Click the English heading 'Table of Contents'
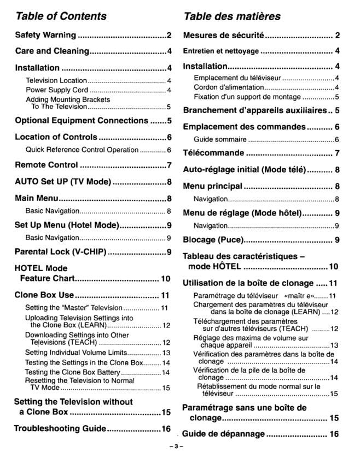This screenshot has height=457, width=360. (x=60, y=16)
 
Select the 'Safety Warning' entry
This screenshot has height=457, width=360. (x=45, y=35)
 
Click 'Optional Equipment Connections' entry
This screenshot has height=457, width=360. (x=81, y=120)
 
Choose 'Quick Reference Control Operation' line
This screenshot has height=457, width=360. (x=82, y=150)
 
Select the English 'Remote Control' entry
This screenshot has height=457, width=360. (x=46, y=165)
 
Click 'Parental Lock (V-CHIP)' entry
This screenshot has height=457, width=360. (x=60, y=252)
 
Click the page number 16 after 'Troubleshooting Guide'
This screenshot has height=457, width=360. (x=166, y=429)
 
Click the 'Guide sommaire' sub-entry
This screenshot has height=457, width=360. (x=220, y=139)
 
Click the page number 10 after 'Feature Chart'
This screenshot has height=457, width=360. (x=165, y=279)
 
